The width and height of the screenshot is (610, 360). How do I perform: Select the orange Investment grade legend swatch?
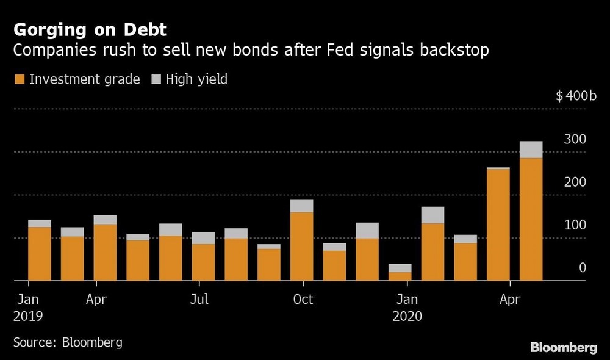19,79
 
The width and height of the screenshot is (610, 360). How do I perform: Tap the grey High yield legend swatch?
156,79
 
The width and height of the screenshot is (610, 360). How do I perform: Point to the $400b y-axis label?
576,96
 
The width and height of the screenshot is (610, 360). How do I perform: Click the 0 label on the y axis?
582,268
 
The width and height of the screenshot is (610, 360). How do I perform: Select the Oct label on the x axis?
303,300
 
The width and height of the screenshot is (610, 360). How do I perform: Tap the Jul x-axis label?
199,300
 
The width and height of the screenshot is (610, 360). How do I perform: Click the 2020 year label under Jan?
407,317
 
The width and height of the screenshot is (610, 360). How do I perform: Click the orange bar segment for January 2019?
40,253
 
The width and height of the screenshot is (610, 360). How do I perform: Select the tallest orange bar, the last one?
531,220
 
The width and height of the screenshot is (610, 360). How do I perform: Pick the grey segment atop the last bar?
531,149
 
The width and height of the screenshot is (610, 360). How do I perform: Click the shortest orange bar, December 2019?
400,276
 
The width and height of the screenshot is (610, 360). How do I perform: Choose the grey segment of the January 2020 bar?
432,215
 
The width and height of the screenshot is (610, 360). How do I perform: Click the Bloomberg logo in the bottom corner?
563,348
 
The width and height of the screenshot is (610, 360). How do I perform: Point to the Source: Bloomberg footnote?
68,342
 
